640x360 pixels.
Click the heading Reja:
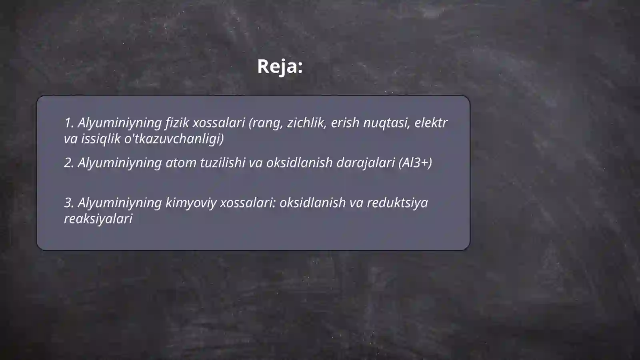click(x=280, y=66)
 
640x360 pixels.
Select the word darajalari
click(x=366, y=163)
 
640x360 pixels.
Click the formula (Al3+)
click(x=415, y=163)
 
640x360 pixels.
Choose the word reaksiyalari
click(x=98, y=219)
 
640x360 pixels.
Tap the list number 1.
click(x=69, y=123)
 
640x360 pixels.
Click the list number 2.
click(x=69, y=163)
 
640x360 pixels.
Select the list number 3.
click(x=69, y=203)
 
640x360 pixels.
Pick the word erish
click(x=345, y=123)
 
